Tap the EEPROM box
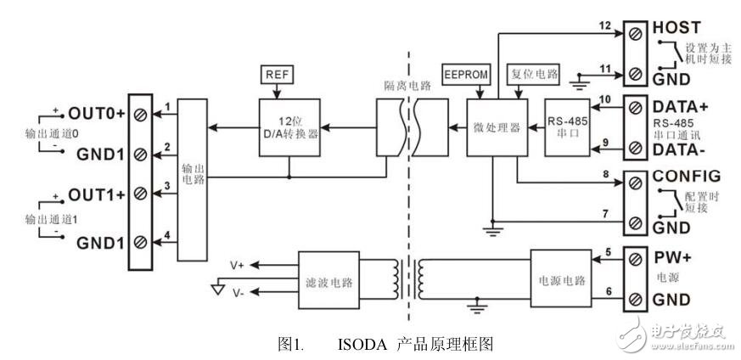click(464, 74)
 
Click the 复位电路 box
click(532, 74)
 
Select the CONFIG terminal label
click(687, 177)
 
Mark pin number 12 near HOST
click(603, 26)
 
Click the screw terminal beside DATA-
click(633, 147)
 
